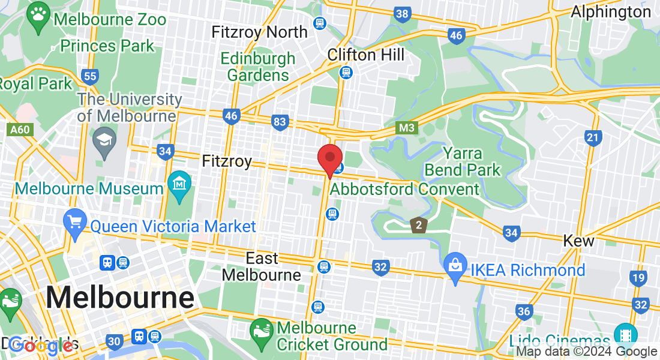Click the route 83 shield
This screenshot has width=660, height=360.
tap(280, 122)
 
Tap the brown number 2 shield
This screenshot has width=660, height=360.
tap(418, 226)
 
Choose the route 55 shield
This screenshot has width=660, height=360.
tap(91, 76)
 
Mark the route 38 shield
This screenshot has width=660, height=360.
tap(403, 13)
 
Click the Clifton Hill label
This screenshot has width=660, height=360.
tap(365, 55)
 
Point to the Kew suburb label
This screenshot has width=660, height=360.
tap(578, 241)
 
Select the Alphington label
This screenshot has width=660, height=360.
tap(610, 11)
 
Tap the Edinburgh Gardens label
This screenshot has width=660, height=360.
tap(258, 67)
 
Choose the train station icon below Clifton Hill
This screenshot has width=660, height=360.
tap(346, 73)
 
